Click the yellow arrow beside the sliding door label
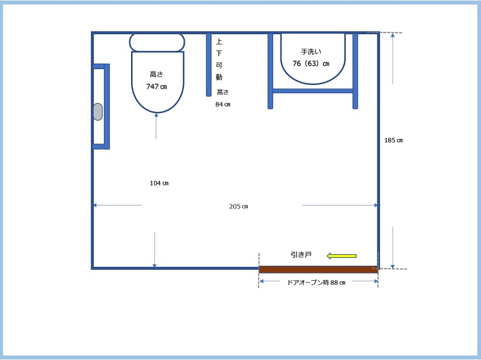coord(342,256)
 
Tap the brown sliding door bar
coord(319,269)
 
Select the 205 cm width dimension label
coord(239,206)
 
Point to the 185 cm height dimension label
coord(394,140)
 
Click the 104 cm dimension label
coord(159,183)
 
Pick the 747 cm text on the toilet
coord(156,87)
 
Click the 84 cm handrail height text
coord(222,104)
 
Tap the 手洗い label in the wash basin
coord(311,52)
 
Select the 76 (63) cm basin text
coord(311,64)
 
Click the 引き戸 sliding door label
coord(301,254)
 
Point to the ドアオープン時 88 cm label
coord(316,282)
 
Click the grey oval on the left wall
coord(98,112)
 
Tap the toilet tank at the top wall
coord(157,42)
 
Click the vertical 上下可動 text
coord(219,59)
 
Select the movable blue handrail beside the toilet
coord(209,65)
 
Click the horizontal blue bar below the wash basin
coord(313,91)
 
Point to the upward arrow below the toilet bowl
coord(156,126)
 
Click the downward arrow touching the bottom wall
coord(155,249)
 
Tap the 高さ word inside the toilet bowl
coord(156,74)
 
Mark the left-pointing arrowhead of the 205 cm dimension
coord(95,205)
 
